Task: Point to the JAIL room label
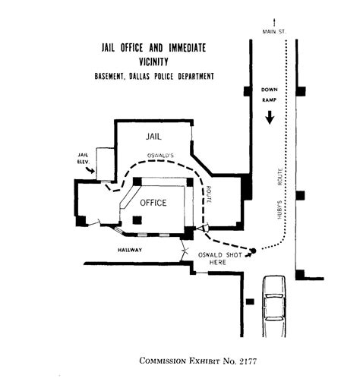tap(154, 137)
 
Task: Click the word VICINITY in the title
tap(155, 62)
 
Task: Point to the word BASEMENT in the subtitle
tap(114, 77)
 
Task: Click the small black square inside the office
tap(137, 220)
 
